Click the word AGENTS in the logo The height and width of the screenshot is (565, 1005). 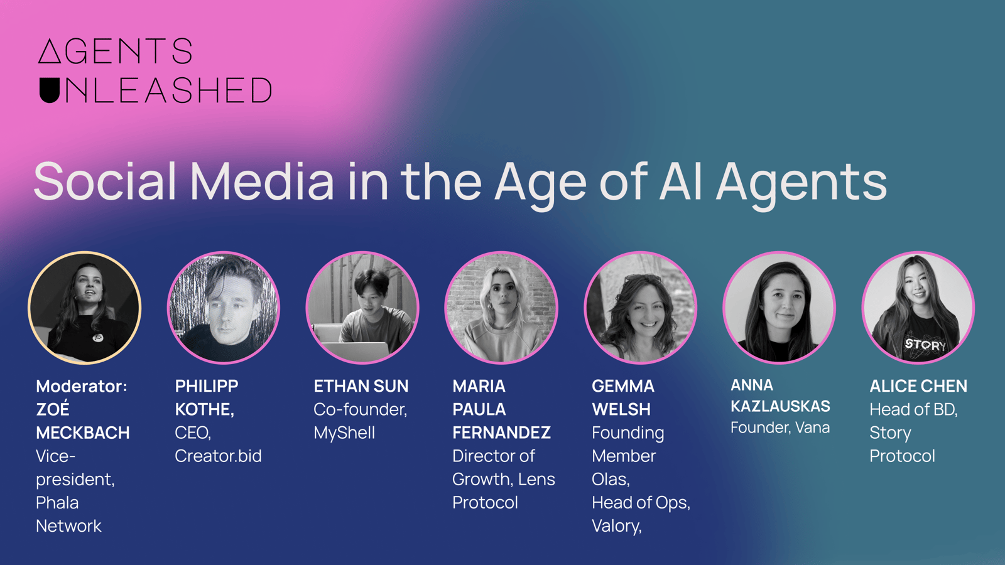116,51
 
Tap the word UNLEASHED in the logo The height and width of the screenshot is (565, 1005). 156,90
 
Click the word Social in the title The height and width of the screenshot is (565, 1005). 105,181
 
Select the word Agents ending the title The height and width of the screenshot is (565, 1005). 801,185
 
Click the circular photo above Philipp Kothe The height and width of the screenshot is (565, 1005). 224,307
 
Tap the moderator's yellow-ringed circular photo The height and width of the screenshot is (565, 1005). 84,307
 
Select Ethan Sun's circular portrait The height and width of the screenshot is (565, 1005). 362,307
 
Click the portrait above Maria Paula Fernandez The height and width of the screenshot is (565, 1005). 501,307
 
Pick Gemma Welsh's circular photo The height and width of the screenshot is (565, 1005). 640,307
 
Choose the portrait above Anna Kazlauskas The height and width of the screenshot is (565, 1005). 780,307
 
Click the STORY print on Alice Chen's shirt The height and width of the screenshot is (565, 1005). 925,345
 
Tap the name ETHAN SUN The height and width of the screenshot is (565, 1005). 361,386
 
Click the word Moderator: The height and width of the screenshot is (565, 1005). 82,386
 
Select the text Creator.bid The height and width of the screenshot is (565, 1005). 218,456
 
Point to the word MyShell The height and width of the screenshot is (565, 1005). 344,433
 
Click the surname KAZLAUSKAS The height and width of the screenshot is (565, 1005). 780,406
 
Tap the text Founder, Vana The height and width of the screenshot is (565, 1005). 780,428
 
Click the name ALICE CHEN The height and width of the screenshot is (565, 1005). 918,386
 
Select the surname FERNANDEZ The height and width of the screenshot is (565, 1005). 502,433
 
